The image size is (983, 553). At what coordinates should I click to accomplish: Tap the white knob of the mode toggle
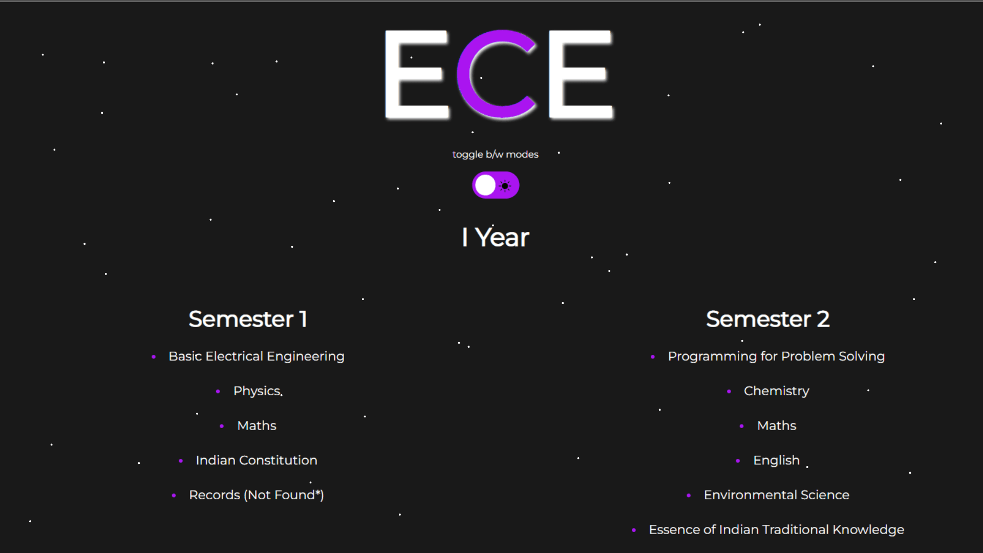click(x=485, y=185)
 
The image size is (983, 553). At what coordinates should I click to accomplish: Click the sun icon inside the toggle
click(x=505, y=186)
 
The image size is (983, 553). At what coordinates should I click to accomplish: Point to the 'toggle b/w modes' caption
click(x=495, y=154)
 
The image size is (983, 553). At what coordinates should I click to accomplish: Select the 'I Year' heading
click(x=495, y=238)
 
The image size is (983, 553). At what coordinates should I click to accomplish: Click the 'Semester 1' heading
click(x=248, y=319)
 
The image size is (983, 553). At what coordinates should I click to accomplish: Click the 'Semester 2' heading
click(x=767, y=319)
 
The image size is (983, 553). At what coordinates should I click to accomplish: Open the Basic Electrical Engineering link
click(x=257, y=356)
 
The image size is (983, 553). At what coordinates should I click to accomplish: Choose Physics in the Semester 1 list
click(x=257, y=391)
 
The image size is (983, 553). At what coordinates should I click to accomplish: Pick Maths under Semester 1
click(x=257, y=426)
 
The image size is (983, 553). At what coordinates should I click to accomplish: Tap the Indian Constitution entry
click(x=257, y=460)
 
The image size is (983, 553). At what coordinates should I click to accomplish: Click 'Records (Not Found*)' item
click(x=257, y=495)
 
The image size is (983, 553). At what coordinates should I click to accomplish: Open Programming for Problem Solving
click(x=776, y=356)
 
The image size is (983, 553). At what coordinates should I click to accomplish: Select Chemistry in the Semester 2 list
click(x=776, y=391)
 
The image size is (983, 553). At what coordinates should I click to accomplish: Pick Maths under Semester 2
click(x=777, y=426)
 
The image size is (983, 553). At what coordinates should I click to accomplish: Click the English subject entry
click(x=776, y=460)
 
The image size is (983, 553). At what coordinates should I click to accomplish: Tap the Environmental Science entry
click(x=776, y=495)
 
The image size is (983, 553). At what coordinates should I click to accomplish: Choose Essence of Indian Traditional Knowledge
click(x=776, y=529)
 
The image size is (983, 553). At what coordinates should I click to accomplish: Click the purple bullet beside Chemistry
click(x=729, y=392)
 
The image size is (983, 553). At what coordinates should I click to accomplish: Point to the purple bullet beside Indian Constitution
click(x=181, y=461)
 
